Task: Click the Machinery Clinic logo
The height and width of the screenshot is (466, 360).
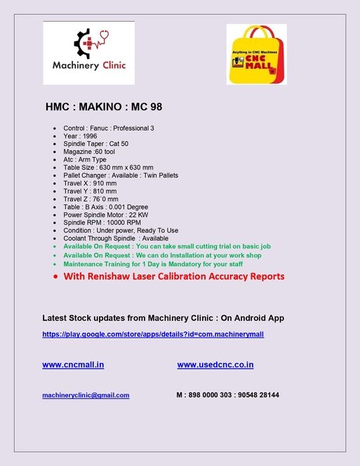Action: pos(88,53)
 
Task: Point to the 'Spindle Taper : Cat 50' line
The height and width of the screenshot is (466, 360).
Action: pos(95,143)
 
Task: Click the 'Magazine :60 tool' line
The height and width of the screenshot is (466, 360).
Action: pos(89,151)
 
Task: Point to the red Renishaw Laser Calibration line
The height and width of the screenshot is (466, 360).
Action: pos(173,277)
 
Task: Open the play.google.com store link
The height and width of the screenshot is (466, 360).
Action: pos(153,335)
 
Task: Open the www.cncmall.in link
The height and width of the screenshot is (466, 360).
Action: pos(73,365)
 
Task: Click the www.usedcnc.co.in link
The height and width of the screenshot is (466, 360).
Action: pos(215,365)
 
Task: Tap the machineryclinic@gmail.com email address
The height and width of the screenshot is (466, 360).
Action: pos(86,395)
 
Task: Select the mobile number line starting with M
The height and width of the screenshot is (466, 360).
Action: pos(228,395)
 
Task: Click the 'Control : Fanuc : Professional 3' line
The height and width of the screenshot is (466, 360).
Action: pos(109,128)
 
